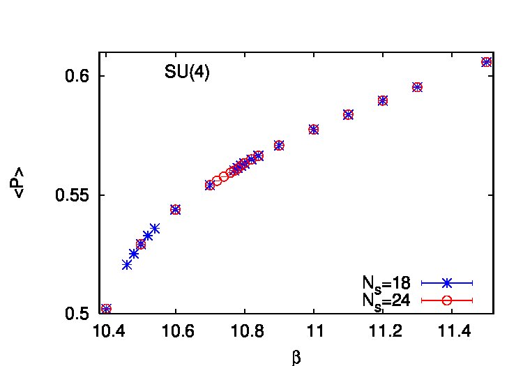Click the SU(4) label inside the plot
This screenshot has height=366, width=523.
pos(187,71)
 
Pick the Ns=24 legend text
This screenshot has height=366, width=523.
pos(386,301)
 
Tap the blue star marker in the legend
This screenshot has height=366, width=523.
pos(446,283)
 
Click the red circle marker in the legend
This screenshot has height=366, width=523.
pos(446,300)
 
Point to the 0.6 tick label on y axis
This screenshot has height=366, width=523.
pos(77,76)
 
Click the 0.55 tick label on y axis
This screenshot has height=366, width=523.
pos(73,195)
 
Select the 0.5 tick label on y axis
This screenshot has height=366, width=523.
pos(77,314)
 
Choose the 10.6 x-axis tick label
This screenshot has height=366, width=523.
pos(177,332)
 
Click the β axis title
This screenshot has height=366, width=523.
pos(296,358)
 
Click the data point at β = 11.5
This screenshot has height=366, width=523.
pos(486,62)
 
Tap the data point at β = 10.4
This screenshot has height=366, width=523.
pos(106,309)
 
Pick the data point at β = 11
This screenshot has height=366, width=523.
pos(314,130)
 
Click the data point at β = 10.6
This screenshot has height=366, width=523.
pos(176,210)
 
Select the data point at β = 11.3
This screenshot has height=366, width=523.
pos(417,87)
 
